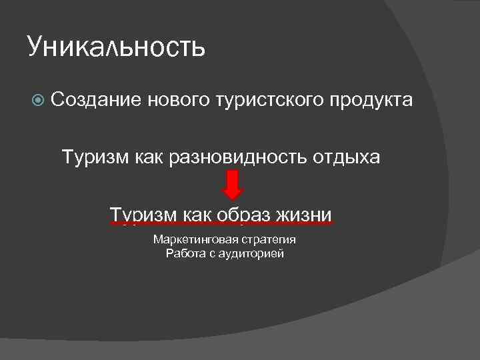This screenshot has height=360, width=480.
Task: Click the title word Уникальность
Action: [117, 47]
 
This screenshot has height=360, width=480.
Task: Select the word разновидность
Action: [236, 158]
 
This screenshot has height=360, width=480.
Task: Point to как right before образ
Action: [197, 215]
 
